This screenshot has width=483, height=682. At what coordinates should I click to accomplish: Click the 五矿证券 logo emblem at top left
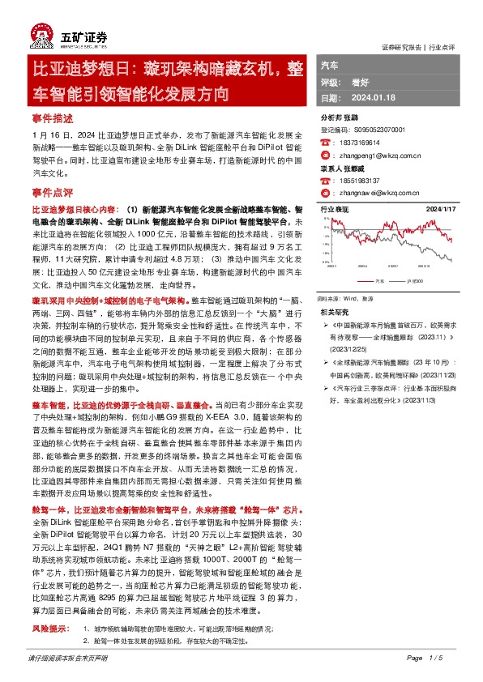40,37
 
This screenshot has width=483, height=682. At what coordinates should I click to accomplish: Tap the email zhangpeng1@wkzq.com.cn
370,154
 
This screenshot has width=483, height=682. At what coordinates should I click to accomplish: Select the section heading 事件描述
52,118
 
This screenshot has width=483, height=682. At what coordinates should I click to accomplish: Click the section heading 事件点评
52,194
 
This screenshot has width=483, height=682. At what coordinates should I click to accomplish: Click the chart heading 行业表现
334,209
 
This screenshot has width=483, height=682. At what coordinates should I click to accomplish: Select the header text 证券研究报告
402,47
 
